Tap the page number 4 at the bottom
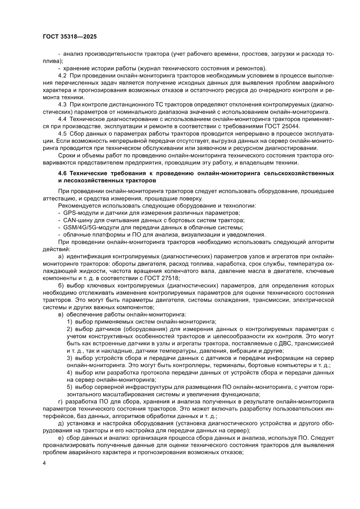tap(45, 462)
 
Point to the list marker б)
tap(61, 285)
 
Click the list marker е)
tap(61, 437)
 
